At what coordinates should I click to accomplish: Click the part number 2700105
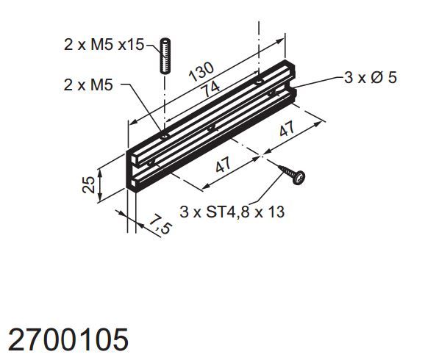pyautogui.click(x=68, y=339)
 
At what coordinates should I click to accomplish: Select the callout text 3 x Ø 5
pyautogui.click(x=370, y=76)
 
